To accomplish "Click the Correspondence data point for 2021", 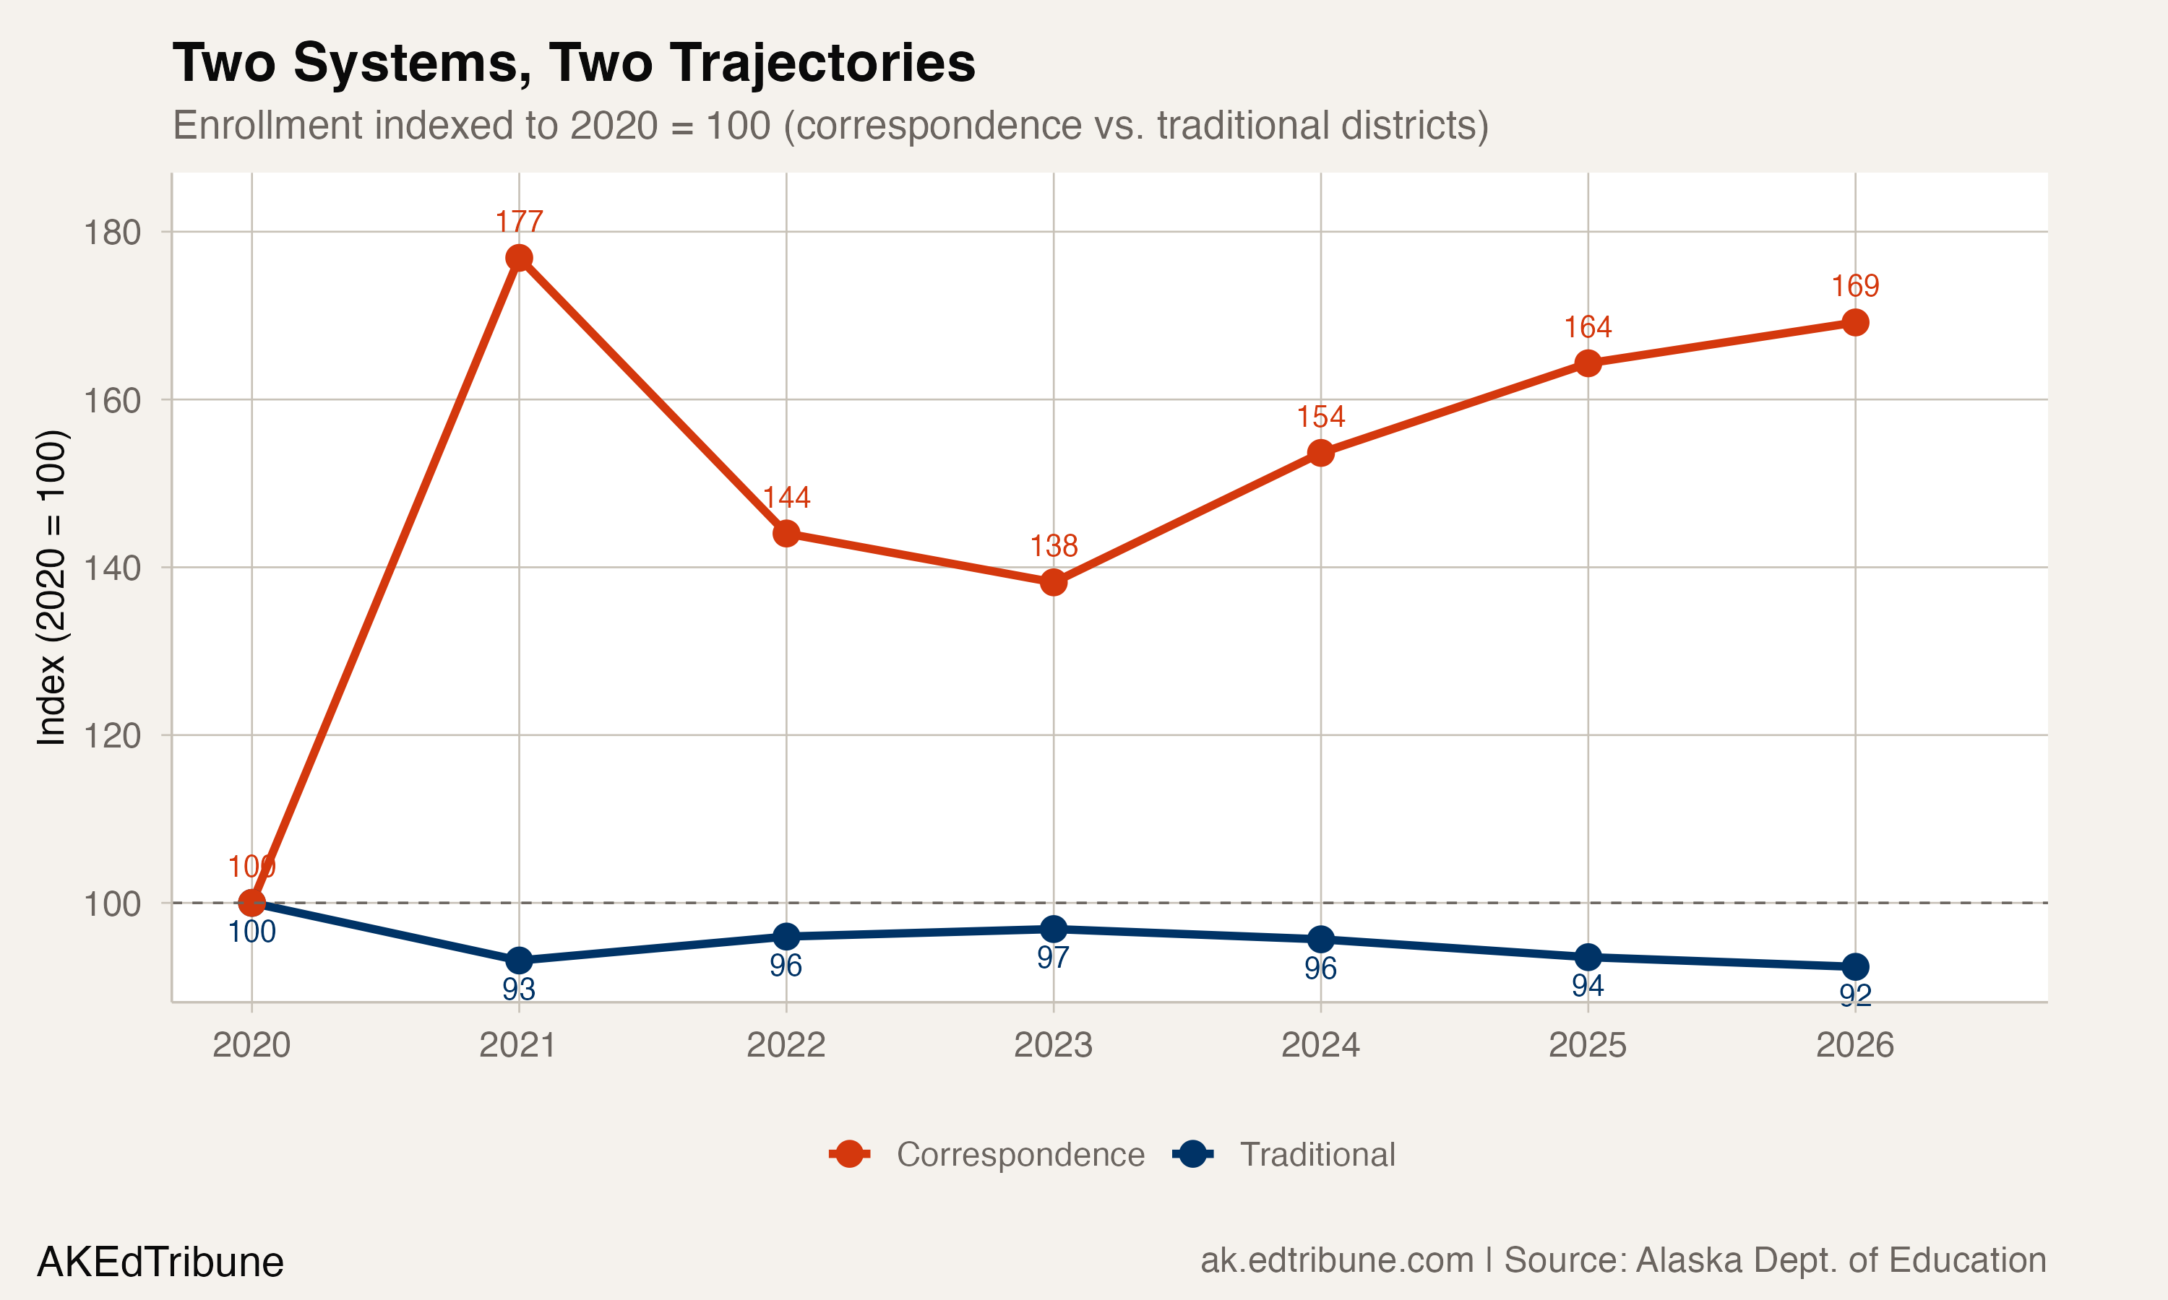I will (x=519, y=258).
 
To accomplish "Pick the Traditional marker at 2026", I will (x=1855, y=967).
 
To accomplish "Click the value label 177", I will (x=519, y=222).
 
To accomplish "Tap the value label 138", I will (x=1054, y=546).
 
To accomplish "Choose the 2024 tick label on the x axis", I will (x=1320, y=1045).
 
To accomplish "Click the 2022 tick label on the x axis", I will (x=786, y=1045).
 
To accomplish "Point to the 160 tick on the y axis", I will (x=112, y=400).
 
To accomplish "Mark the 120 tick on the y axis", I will (x=112, y=736).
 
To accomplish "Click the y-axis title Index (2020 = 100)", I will (x=51, y=587).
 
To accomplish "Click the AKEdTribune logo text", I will (x=160, y=1262).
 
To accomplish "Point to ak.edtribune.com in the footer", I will (x=1336, y=1260).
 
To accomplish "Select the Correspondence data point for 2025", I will (x=1588, y=363).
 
